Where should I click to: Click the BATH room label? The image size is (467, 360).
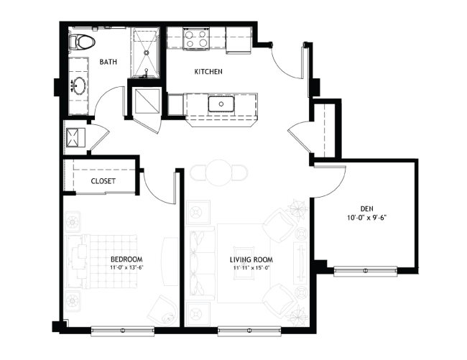tap(108, 62)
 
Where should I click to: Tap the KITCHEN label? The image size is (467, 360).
tap(208, 71)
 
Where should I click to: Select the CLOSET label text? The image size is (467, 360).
tap(103, 181)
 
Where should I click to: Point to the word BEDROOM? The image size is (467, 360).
tap(126, 259)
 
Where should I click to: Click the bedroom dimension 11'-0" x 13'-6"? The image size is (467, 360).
tap(127, 267)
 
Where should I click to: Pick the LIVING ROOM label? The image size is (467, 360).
tap(251, 259)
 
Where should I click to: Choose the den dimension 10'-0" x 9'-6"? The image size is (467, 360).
tap(366, 218)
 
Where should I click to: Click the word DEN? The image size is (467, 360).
tap(366, 208)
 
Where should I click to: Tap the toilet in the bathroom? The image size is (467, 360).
tap(82, 42)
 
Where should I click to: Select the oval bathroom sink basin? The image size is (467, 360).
tap(80, 86)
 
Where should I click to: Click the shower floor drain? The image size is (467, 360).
tap(146, 52)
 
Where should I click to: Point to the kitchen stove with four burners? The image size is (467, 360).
tap(196, 39)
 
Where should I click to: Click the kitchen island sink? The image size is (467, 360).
tap(221, 104)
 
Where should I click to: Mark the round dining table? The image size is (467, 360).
tap(219, 172)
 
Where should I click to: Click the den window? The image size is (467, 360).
tap(366, 271)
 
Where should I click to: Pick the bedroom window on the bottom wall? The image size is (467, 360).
tap(123, 331)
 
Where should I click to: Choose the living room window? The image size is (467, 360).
tap(249, 331)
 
